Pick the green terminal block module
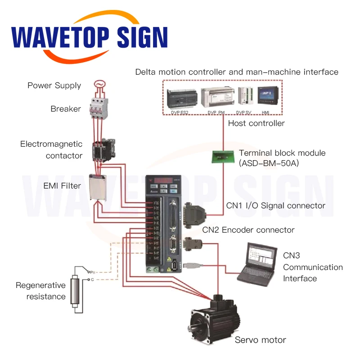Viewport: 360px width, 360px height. (x=221, y=156)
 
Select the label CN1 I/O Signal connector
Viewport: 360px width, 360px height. (x=275, y=206)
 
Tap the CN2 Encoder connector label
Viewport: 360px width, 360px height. (x=248, y=230)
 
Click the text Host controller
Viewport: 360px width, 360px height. (x=256, y=123)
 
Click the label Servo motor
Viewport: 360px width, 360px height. (x=260, y=340)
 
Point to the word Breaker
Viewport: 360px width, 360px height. (x=66, y=109)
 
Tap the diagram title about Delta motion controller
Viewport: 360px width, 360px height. (x=237, y=72)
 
